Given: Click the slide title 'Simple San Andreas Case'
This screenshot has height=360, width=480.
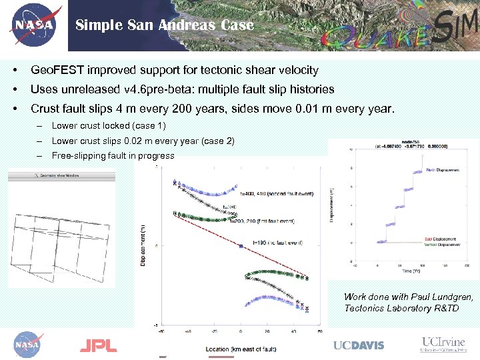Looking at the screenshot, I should tap(164, 25).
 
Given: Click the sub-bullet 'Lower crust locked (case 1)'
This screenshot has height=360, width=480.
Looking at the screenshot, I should tap(109, 126).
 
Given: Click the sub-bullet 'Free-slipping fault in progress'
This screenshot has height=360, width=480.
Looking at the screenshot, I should tap(113, 156).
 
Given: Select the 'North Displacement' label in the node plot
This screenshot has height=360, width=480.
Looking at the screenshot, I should tap(442, 171).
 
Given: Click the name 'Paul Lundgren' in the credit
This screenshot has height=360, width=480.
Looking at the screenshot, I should tap(440, 297).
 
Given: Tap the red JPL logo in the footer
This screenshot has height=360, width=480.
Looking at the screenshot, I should tap(98, 345).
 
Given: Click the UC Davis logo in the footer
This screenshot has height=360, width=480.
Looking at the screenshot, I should tap(359, 345).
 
